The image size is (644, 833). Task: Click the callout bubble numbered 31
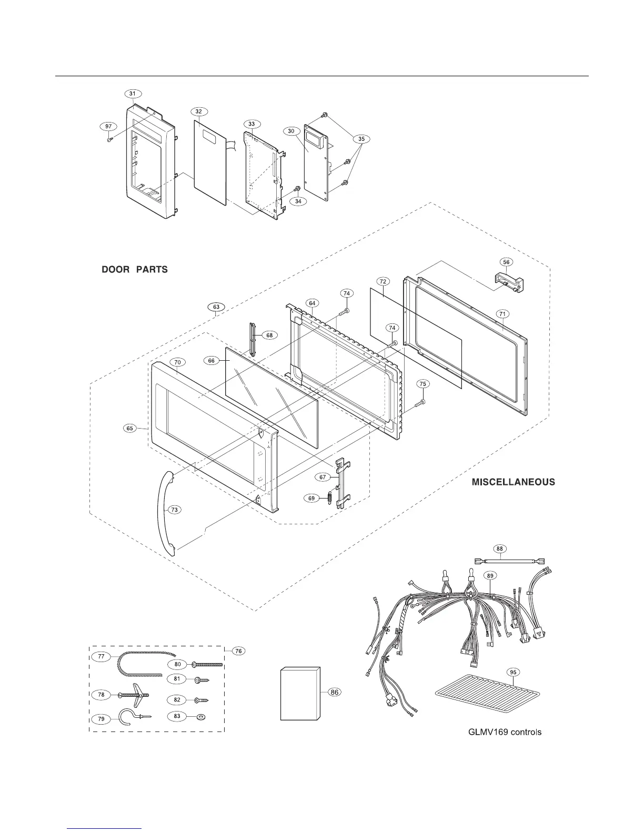pos(133,94)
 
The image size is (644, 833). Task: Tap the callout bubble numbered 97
pos(108,127)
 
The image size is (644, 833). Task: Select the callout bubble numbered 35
pos(361,139)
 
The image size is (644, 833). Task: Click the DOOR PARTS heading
pos(135,270)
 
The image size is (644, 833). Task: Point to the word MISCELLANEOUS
pos(513,482)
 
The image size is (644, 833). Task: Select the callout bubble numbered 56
pos(507,262)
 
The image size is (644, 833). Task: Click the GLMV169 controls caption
pos(505,732)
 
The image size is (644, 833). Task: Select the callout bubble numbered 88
pos(500,548)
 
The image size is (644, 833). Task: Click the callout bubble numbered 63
pos(217,307)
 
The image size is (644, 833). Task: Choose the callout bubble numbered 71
pos(502,314)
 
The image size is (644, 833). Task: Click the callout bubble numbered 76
pos(238,651)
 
